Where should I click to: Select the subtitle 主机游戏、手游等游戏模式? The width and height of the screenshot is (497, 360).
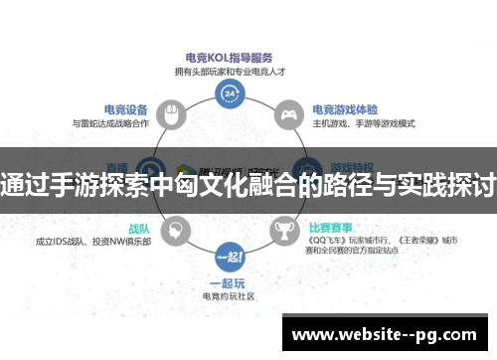(x=364, y=123)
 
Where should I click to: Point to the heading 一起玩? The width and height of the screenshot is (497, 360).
(x=231, y=282)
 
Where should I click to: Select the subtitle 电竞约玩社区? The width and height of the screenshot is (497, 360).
(x=231, y=295)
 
